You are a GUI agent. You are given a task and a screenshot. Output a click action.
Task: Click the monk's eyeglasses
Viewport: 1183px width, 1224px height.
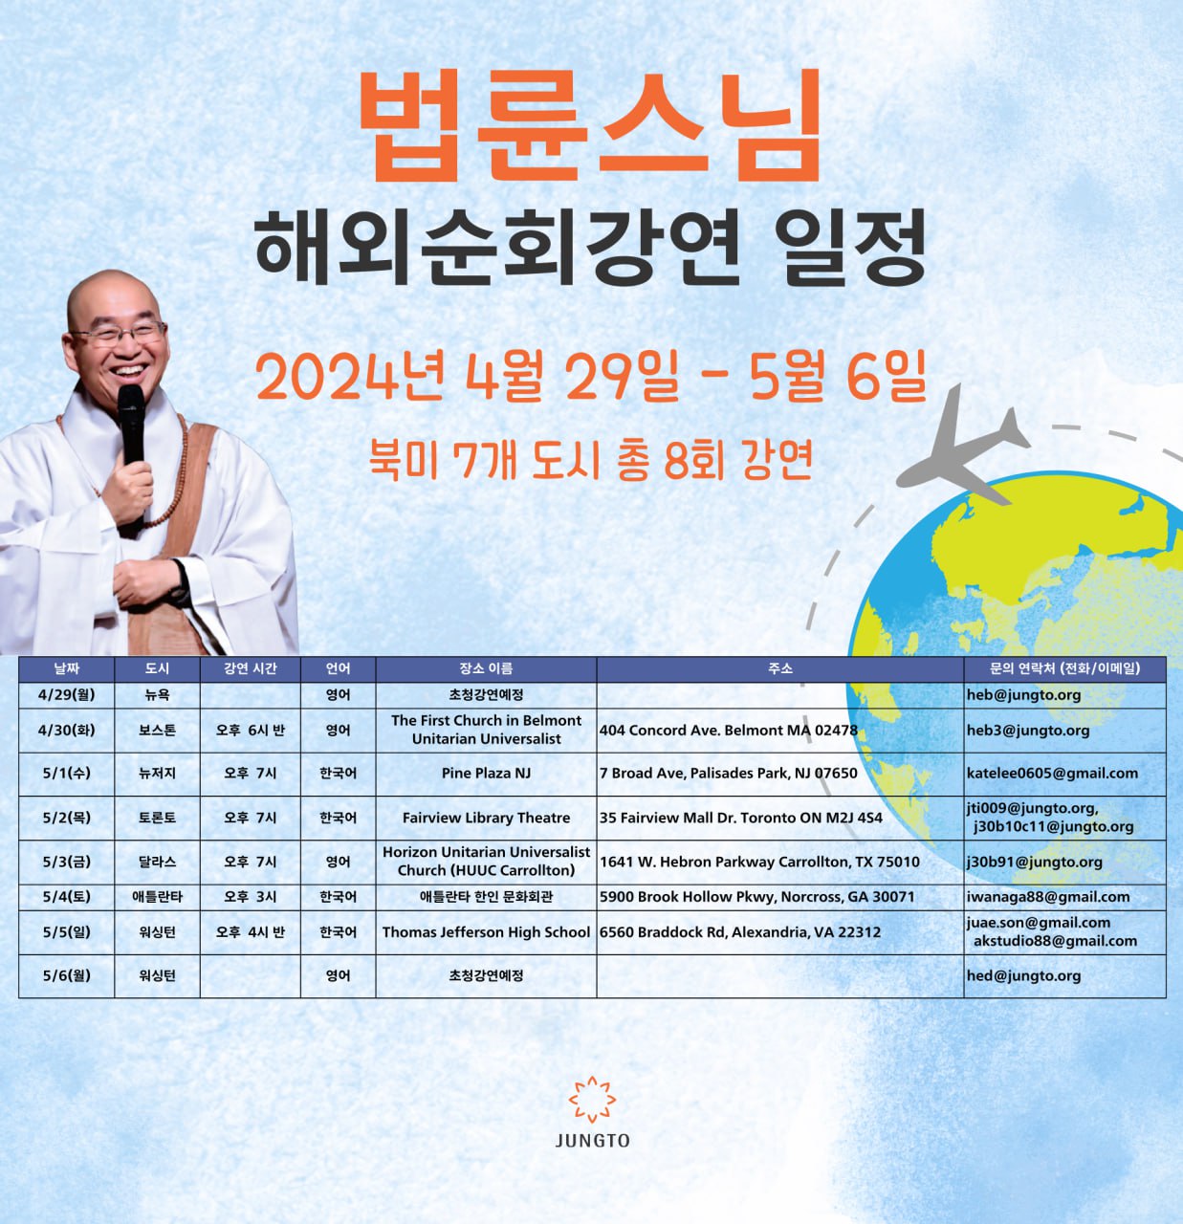coord(120,334)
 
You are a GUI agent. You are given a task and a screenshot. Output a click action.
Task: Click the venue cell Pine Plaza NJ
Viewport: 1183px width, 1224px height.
coord(486,773)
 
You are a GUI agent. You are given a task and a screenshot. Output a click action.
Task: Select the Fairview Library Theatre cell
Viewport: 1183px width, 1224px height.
coord(486,818)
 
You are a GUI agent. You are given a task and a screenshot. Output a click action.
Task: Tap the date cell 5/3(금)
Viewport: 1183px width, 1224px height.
coord(67,862)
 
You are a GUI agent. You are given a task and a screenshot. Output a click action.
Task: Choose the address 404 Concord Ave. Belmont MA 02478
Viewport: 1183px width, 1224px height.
coord(729,731)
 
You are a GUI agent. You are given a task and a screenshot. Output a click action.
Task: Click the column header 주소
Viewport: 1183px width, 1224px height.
coord(779,668)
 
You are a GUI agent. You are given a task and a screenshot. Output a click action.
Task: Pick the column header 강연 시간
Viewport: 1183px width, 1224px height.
coord(251,668)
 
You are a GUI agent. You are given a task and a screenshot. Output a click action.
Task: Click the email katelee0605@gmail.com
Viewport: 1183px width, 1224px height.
coord(1052,773)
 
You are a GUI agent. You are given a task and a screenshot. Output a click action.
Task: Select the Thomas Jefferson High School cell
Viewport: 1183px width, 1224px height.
coord(486,932)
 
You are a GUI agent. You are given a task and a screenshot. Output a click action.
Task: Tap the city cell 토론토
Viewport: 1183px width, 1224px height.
coord(157,818)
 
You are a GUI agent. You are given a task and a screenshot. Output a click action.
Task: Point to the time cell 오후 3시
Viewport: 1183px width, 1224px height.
coord(251,897)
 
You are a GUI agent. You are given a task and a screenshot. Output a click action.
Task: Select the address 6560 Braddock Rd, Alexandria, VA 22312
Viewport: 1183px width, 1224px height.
coord(739,932)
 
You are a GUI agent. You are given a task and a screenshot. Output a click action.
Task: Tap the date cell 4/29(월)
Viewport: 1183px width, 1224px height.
coord(67,695)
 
